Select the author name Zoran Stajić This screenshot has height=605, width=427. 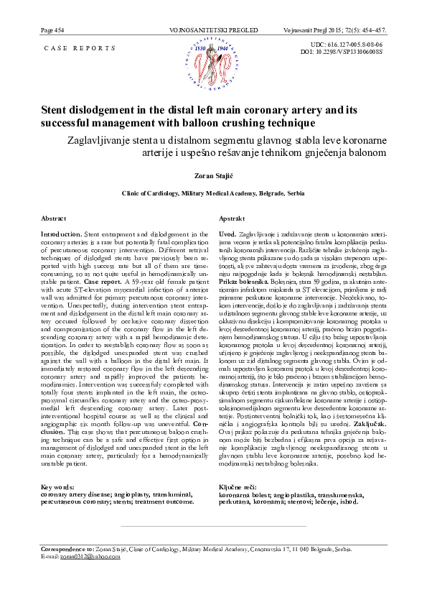[x=213, y=175]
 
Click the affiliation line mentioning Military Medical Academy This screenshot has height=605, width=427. [x=213, y=193]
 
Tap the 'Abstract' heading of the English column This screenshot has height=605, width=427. [x=55, y=218]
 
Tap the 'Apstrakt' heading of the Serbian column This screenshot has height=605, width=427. [x=231, y=218]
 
